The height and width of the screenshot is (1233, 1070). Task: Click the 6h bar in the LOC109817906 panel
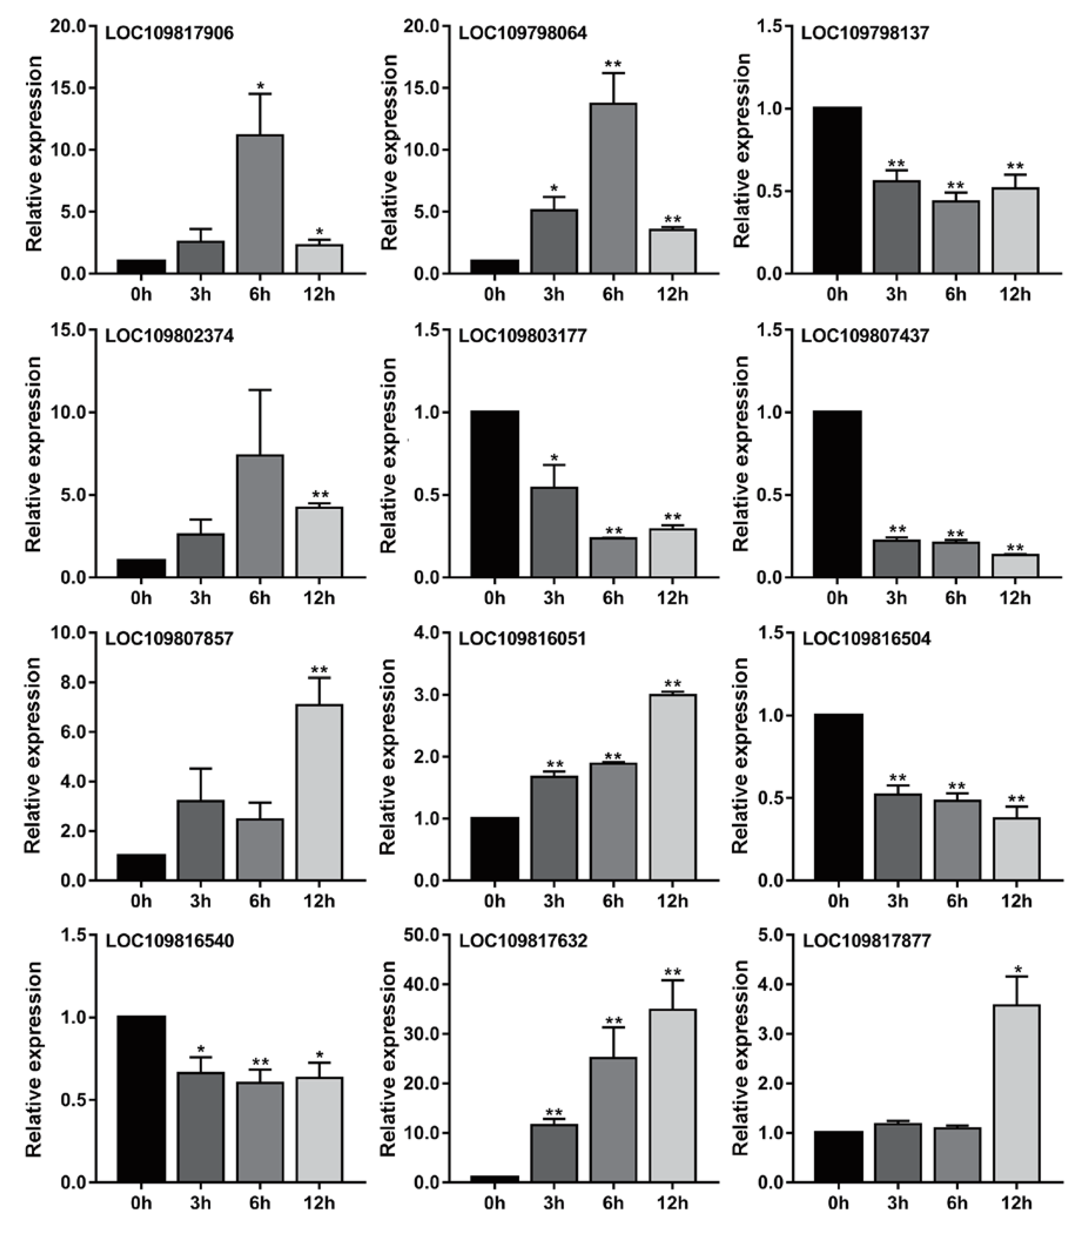260,204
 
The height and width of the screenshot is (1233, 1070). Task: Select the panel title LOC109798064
523,33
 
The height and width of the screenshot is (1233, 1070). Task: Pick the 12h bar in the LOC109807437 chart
1015,566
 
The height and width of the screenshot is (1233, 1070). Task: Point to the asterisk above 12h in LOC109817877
1015,970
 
